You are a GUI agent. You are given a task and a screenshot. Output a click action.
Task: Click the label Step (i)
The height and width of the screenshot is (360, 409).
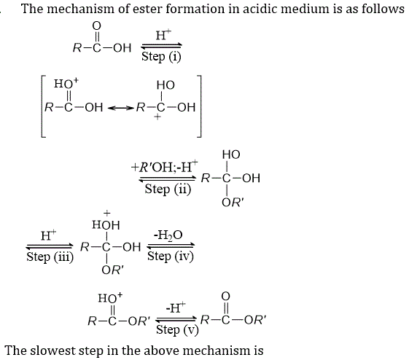[161, 57]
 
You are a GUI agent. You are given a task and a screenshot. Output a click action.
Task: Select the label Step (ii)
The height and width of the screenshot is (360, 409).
[168, 189]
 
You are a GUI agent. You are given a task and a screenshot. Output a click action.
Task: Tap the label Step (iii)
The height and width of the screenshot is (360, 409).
[50, 257]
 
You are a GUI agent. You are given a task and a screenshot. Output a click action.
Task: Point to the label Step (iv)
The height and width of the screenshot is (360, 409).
[171, 257]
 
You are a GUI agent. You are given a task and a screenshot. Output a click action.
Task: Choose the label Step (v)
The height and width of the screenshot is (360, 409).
[177, 330]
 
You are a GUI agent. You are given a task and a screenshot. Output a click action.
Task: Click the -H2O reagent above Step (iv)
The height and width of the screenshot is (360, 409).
[168, 235]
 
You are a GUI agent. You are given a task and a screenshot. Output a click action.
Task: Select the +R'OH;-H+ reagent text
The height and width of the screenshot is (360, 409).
[164, 167]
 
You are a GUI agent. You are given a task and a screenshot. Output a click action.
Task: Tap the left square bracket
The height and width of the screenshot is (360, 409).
[44, 106]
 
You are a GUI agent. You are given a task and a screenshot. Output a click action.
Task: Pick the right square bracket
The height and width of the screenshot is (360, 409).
[199, 106]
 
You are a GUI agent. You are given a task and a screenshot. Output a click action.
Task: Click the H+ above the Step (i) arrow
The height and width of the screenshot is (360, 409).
[163, 35]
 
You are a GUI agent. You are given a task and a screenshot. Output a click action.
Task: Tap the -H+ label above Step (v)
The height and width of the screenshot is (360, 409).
[176, 308]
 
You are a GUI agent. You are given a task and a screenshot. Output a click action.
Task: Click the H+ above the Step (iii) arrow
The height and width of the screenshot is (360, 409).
[49, 235]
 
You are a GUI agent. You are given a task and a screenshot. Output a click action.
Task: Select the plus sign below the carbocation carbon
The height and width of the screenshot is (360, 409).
[157, 117]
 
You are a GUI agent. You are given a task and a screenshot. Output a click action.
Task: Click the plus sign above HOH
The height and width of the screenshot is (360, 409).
[106, 214]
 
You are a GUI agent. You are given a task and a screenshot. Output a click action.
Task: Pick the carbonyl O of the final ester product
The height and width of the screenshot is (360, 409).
[225, 296]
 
